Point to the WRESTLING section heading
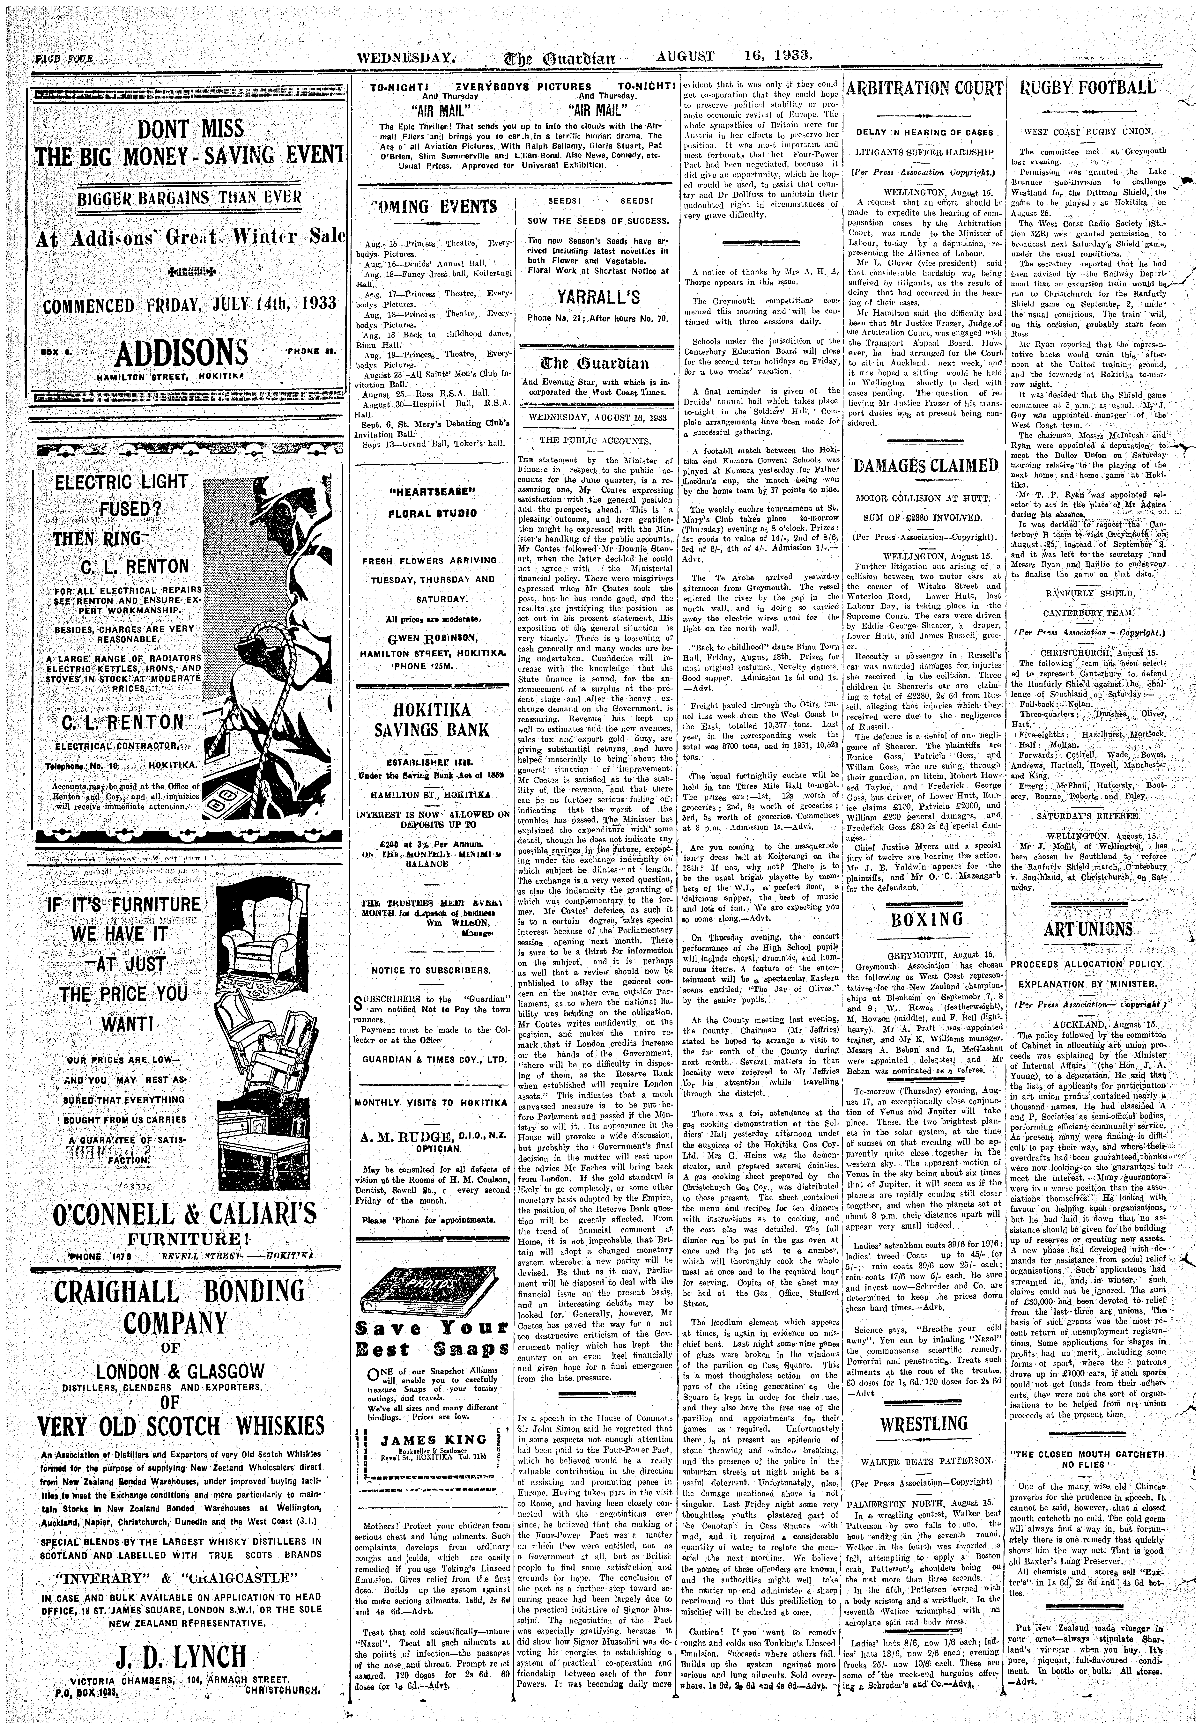pos(924,1424)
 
